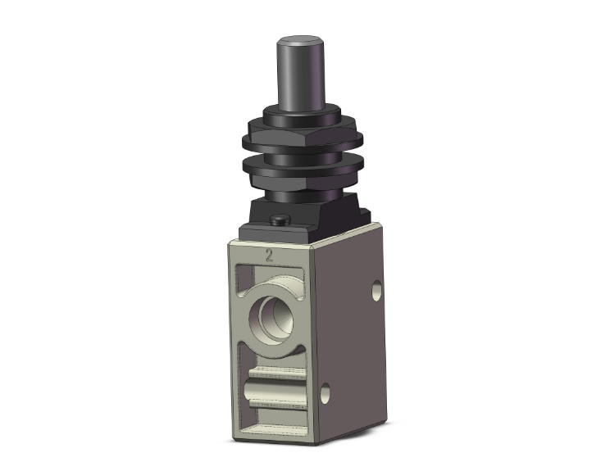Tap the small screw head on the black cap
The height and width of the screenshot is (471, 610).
280,220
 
